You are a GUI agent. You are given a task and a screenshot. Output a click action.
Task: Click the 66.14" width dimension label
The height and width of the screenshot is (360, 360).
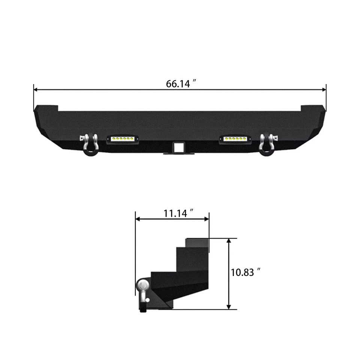click(x=181, y=83)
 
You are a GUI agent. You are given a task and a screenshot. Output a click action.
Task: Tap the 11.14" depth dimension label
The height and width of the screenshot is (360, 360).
click(x=178, y=213)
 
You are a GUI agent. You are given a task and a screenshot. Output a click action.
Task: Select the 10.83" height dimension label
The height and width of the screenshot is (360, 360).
click(x=246, y=272)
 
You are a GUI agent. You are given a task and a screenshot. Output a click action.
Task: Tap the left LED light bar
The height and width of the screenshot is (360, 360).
click(x=122, y=139)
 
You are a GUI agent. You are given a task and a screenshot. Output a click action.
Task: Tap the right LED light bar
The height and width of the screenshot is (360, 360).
click(x=235, y=139)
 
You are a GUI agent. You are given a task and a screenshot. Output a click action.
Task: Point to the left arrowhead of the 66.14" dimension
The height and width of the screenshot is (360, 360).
click(x=36, y=90)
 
